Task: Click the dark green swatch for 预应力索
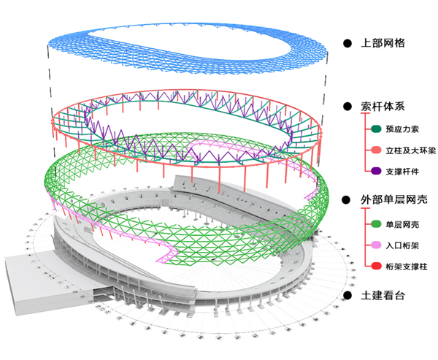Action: pyautogui.click(x=376, y=130)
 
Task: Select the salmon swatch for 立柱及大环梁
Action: pyautogui.click(x=376, y=150)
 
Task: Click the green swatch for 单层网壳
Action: pyautogui.click(x=376, y=224)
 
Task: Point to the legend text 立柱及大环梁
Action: pyautogui.click(x=407, y=150)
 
